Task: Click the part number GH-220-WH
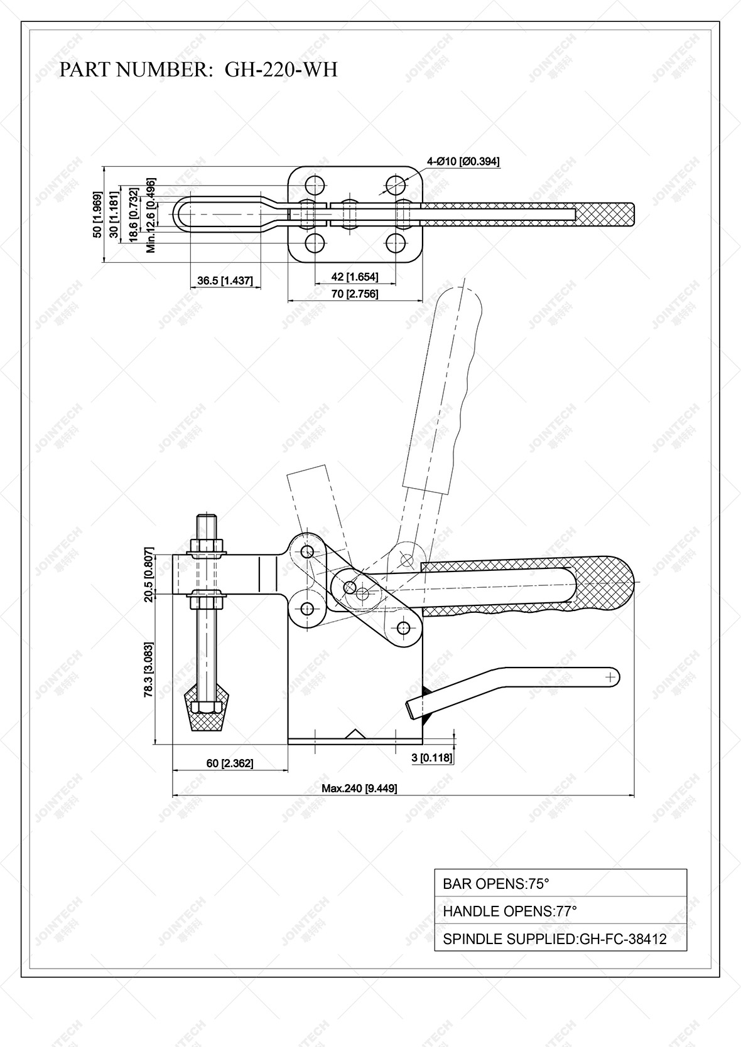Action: pos(281,69)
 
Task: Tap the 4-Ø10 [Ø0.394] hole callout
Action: pos(463,162)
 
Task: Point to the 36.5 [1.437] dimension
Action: pos(225,280)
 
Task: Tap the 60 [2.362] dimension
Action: pos(229,763)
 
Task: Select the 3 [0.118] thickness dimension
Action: pos(431,758)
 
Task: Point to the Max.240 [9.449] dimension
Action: pos(359,789)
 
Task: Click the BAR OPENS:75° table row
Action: pos(560,883)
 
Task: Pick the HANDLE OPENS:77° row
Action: pos(560,911)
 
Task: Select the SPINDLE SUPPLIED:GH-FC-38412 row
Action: pos(560,939)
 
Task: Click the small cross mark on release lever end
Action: pos(609,677)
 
